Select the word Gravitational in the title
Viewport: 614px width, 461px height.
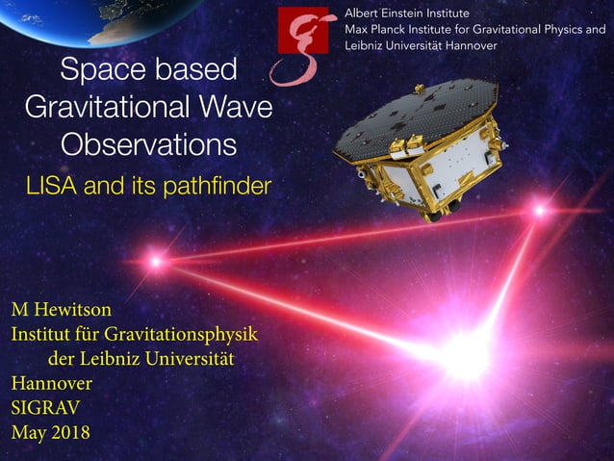(106, 107)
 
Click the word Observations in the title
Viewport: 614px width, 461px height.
(148, 144)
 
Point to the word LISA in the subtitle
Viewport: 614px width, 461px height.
(51, 186)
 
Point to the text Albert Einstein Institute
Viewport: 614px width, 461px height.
(407, 13)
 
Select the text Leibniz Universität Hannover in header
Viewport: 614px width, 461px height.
(422, 46)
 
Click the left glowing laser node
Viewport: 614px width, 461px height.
(156, 260)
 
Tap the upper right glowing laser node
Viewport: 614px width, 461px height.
(540, 209)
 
